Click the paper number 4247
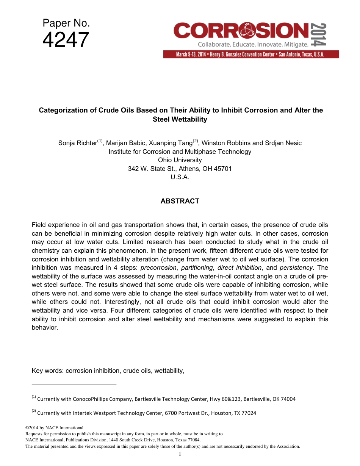(66, 41)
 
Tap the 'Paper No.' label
(66, 23)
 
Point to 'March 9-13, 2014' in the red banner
(191, 55)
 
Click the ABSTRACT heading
(180, 201)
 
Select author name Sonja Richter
(77, 143)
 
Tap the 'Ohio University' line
(180, 160)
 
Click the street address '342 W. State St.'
(150, 169)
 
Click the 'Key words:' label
(48, 371)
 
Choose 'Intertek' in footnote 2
(81, 413)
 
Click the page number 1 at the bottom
(180, 454)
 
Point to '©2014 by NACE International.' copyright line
(52, 428)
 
